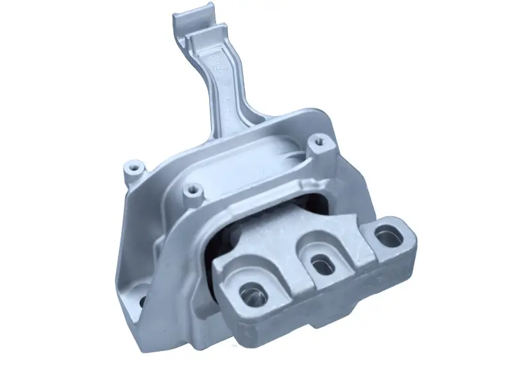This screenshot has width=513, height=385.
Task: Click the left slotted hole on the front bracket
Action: click(x=252, y=294)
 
